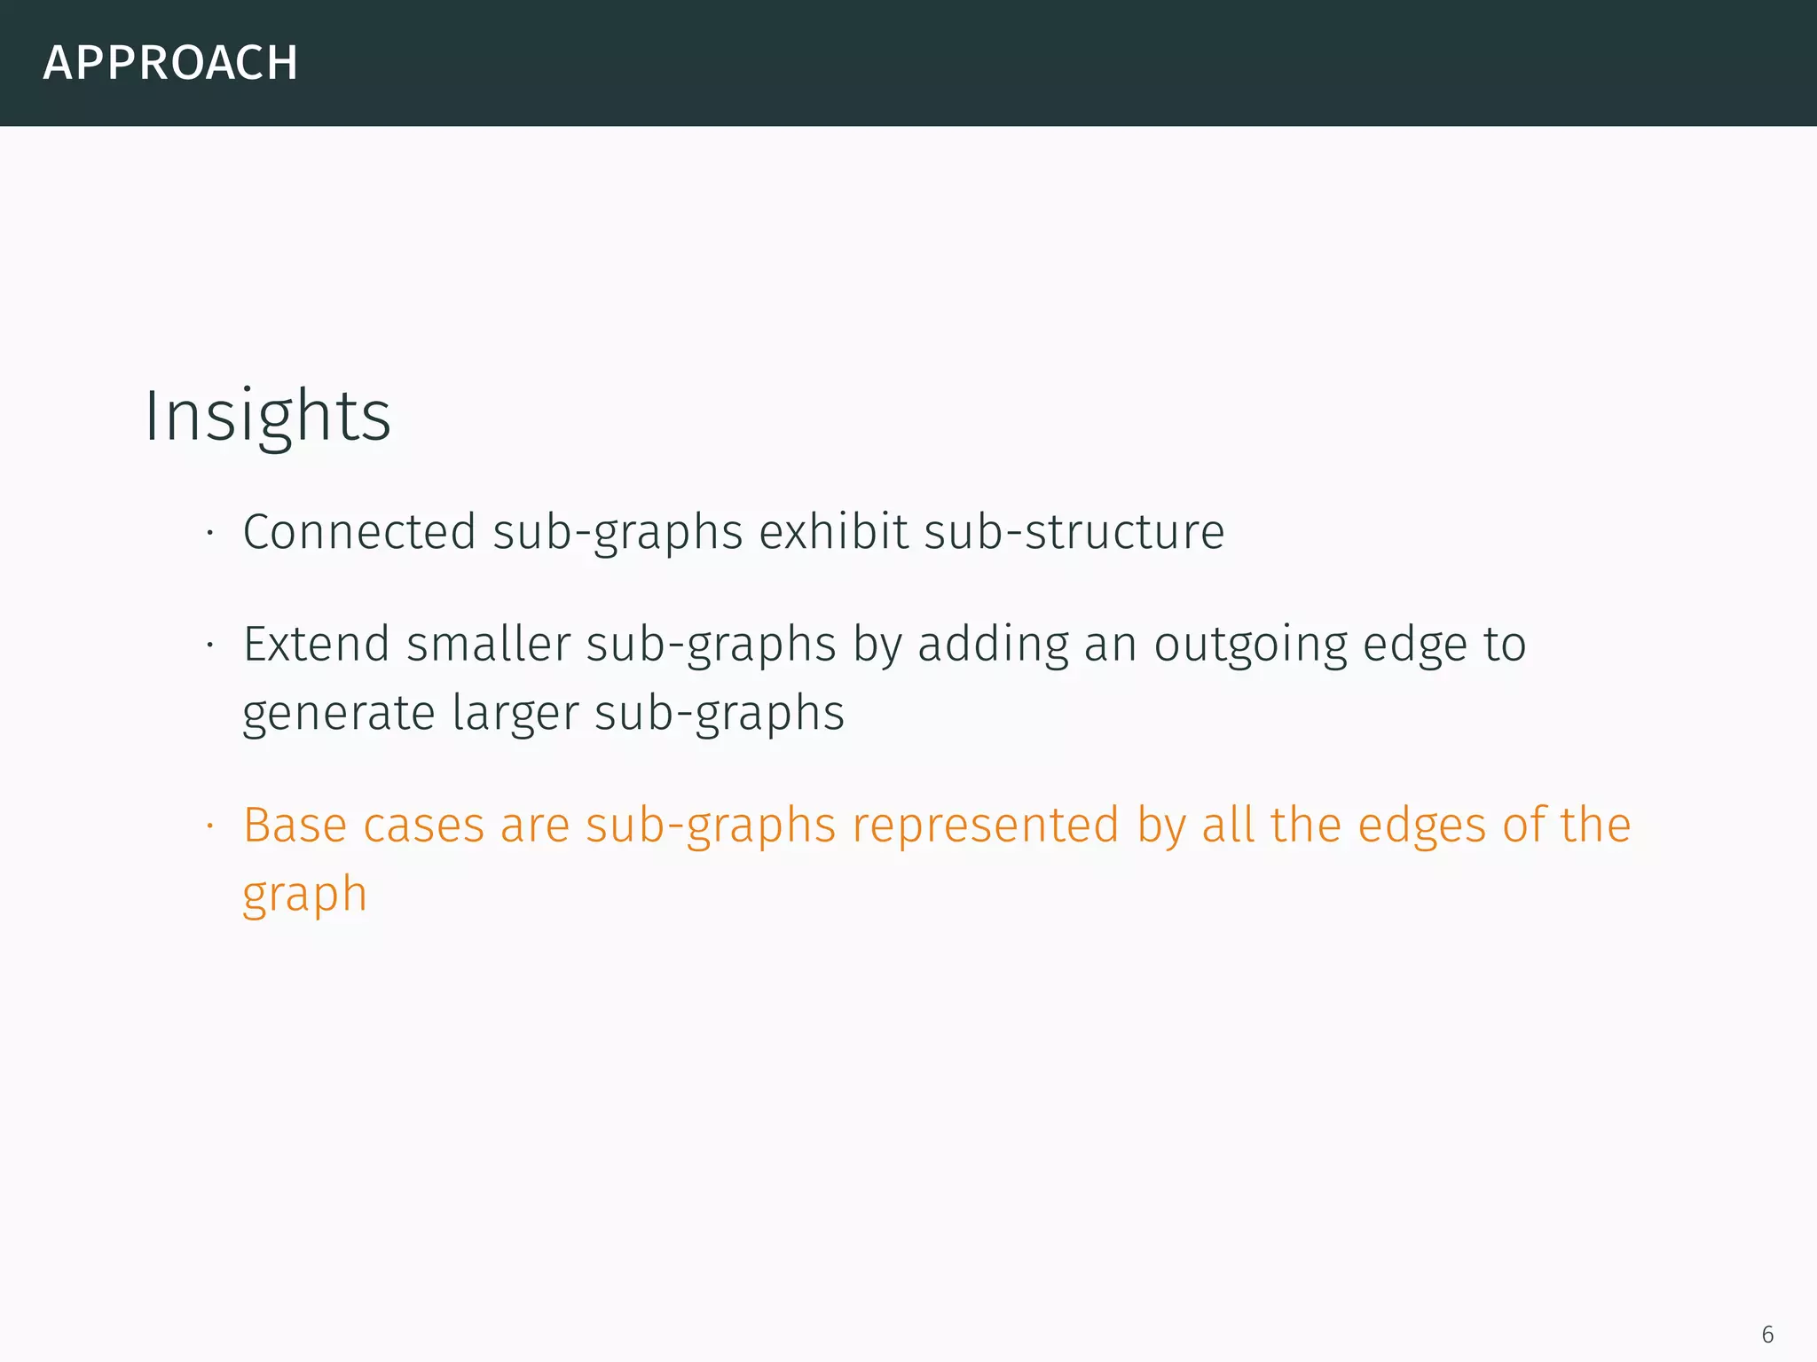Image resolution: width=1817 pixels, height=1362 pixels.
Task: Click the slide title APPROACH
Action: [170, 63]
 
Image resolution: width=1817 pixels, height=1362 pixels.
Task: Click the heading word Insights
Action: [267, 416]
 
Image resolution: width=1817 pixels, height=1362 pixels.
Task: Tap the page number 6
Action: [1767, 1335]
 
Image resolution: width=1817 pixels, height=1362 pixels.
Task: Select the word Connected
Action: [359, 532]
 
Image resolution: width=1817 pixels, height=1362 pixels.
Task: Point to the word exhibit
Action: [833, 532]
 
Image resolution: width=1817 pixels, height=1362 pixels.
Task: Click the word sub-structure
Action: [1074, 532]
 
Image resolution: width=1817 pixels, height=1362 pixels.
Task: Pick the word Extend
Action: [316, 644]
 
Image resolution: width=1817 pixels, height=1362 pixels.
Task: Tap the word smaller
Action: [488, 644]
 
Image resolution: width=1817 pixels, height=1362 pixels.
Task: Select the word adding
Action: [993, 646]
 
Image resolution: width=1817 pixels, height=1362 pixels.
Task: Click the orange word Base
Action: [295, 826]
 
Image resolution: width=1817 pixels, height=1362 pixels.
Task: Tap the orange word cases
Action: [423, 826]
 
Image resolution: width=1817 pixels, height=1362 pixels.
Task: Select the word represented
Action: [986, 826]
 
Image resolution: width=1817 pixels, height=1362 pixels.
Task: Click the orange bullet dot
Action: [210, 826]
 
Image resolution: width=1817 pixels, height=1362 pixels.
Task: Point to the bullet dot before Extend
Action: [210, 645]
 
